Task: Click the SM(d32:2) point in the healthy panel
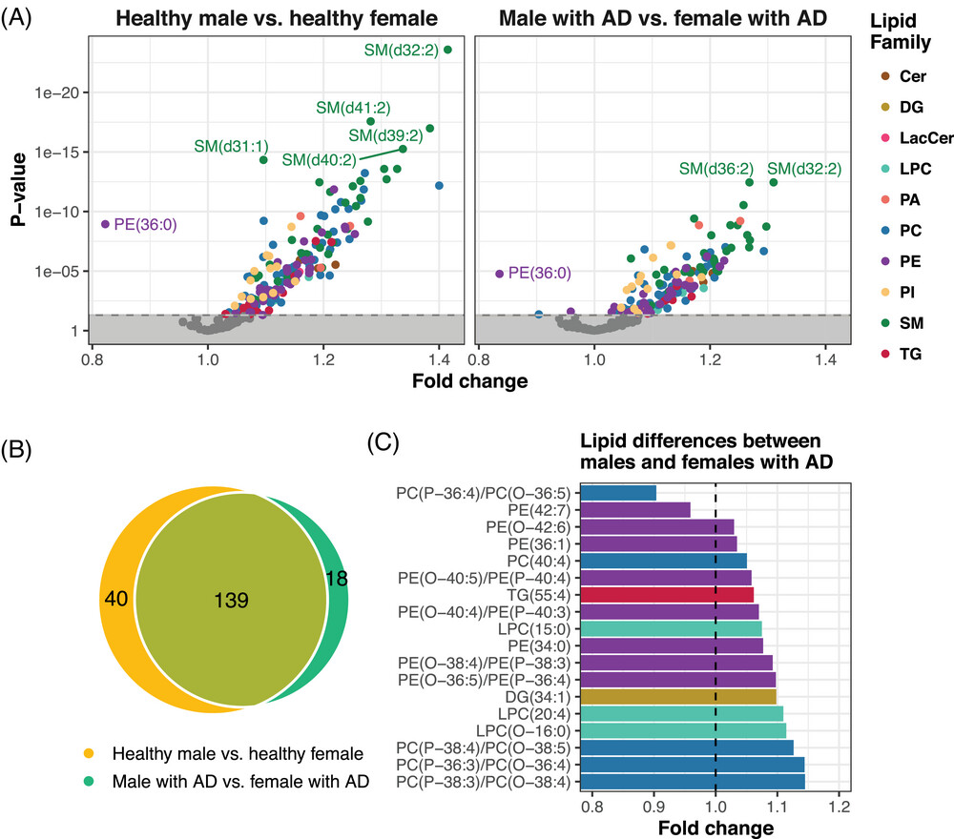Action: coord(448,50)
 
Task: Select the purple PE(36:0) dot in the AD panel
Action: coord(498,274)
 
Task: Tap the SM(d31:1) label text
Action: coord(231,146)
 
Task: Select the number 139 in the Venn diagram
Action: coord(232,600)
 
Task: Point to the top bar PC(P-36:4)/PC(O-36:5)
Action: coord(618,493)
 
